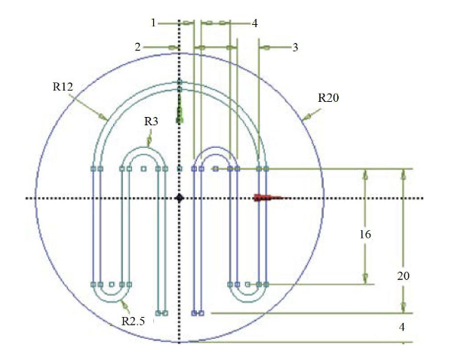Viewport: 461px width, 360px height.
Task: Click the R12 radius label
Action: [x=63, y=88]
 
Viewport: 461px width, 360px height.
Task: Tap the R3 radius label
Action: [x=152, y=121]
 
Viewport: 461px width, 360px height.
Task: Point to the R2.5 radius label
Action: [x=134, y=322]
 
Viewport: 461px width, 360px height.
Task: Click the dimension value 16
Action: [x=364, y=235]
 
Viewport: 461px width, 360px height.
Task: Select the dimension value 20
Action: [x=404, y=276]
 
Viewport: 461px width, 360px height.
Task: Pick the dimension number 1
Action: [x=153, y=23]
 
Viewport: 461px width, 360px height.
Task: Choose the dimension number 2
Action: [x=138, y=47]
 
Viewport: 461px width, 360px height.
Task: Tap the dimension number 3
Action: [x=295, y=47]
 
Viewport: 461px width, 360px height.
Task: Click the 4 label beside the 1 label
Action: [x=254, y=23]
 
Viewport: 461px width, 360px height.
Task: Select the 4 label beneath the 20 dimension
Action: [x=403, y=328]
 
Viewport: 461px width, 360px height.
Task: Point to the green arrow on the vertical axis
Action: [x=180, y=115]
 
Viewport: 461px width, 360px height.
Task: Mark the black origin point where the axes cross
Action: [x=179, y=198]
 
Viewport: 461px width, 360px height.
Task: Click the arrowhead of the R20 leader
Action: [x=304, y=118]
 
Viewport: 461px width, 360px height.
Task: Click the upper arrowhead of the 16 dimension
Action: [x=365, y=174]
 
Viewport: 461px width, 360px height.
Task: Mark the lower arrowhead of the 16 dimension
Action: [x=365, y=278]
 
